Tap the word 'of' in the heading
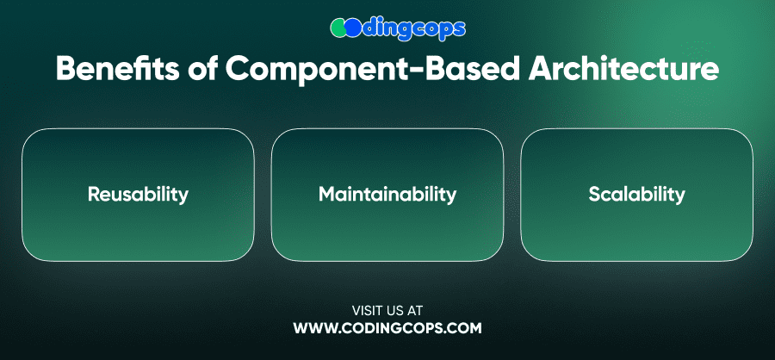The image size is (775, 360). click(x=202, y=69)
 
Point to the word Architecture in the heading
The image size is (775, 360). click(x=623, y=69)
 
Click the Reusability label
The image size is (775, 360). click(x=138, y=195)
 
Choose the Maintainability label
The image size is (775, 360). click(x=387, y=195)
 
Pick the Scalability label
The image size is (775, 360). click(x=636, y=195)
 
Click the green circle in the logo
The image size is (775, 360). click(x=338, y=28)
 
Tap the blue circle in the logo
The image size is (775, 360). click(x=353, y=28)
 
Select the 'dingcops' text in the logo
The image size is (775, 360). click(x=413, y=29)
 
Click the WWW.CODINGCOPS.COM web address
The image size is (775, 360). click(x=387, y=328)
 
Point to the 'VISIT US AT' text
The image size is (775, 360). click(x=387, y=311)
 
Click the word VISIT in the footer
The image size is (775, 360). click(x=366, y=311)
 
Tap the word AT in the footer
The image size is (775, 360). click(x=415, y=311)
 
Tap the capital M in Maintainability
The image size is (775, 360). click(x=327, y=195)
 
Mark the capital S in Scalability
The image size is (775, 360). click(x=594, y=195)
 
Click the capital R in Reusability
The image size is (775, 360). click(x=94, y=195)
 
